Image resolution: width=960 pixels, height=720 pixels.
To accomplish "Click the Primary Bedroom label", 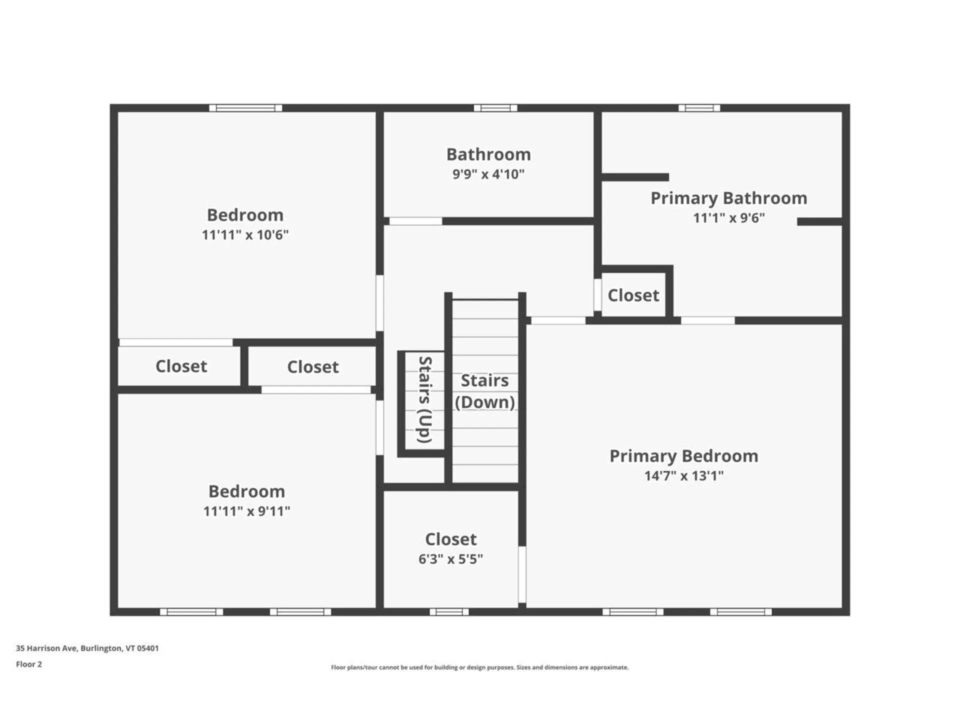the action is point(683,456).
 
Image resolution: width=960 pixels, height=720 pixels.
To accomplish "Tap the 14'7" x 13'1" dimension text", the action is point(683,475).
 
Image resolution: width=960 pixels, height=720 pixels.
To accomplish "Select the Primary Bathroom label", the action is point(728,198).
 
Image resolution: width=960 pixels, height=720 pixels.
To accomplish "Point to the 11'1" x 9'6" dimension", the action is point(728,218).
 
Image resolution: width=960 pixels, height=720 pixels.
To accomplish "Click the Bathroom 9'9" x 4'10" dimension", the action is point(488,174).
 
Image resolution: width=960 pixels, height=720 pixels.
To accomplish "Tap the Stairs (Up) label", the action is point(424,399).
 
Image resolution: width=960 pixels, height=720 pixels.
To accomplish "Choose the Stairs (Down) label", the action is point(484,391).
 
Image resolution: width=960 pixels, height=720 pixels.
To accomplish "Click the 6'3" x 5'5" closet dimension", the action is point(450,559).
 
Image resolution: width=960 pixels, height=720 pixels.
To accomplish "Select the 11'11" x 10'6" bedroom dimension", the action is point(245,234).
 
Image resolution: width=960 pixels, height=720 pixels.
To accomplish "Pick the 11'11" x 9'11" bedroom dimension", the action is point(246,511).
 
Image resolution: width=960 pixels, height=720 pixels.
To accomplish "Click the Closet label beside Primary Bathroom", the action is point(633,295).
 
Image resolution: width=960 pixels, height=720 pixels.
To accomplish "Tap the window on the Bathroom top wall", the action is point(495,108).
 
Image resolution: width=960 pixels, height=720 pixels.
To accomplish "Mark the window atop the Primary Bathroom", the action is point(699,108).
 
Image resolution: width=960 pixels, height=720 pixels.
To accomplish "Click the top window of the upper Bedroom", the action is point(245,108).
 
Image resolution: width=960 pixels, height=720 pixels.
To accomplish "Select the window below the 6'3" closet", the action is point(449,611).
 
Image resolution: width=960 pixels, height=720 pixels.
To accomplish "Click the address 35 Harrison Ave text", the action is point(87,648).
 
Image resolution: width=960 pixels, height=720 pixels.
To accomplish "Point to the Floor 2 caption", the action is point(29,664).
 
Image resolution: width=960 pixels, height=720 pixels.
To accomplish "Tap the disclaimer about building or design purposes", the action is point(479,667).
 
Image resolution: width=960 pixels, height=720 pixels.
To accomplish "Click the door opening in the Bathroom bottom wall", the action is point(415,221).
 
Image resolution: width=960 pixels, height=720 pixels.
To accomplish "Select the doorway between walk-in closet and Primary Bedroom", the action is point(522,574).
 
